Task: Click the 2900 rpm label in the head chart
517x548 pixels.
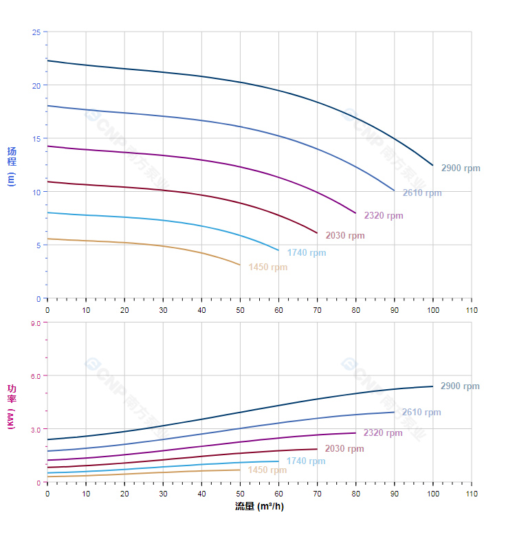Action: tap(461, 168)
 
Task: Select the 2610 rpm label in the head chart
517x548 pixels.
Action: tap(422, 193)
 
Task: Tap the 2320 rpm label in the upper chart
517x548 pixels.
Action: tap(384, 216)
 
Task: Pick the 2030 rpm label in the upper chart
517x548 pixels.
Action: tap(345, 236)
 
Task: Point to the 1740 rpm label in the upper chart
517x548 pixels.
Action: tap(307, 252)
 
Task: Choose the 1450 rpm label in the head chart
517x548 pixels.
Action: tap(268, 267)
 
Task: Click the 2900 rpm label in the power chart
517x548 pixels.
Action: tap(460, 386)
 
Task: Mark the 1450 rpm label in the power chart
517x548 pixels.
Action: tap(267, 470)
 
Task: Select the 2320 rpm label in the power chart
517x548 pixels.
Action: tap(383, 433)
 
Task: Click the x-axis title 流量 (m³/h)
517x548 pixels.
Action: tap(259, 507)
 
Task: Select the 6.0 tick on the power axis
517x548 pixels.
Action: tap(34, 376)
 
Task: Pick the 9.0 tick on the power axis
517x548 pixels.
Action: tap(34, 322)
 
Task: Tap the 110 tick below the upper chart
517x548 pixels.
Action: tap(472, 310)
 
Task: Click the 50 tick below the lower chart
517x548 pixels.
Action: tap(240, 494)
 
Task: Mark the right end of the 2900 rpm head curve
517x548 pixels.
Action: tap(433, 165)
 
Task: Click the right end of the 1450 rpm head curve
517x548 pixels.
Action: tap(240, 265)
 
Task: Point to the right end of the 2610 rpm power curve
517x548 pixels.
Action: tap(394, 412)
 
